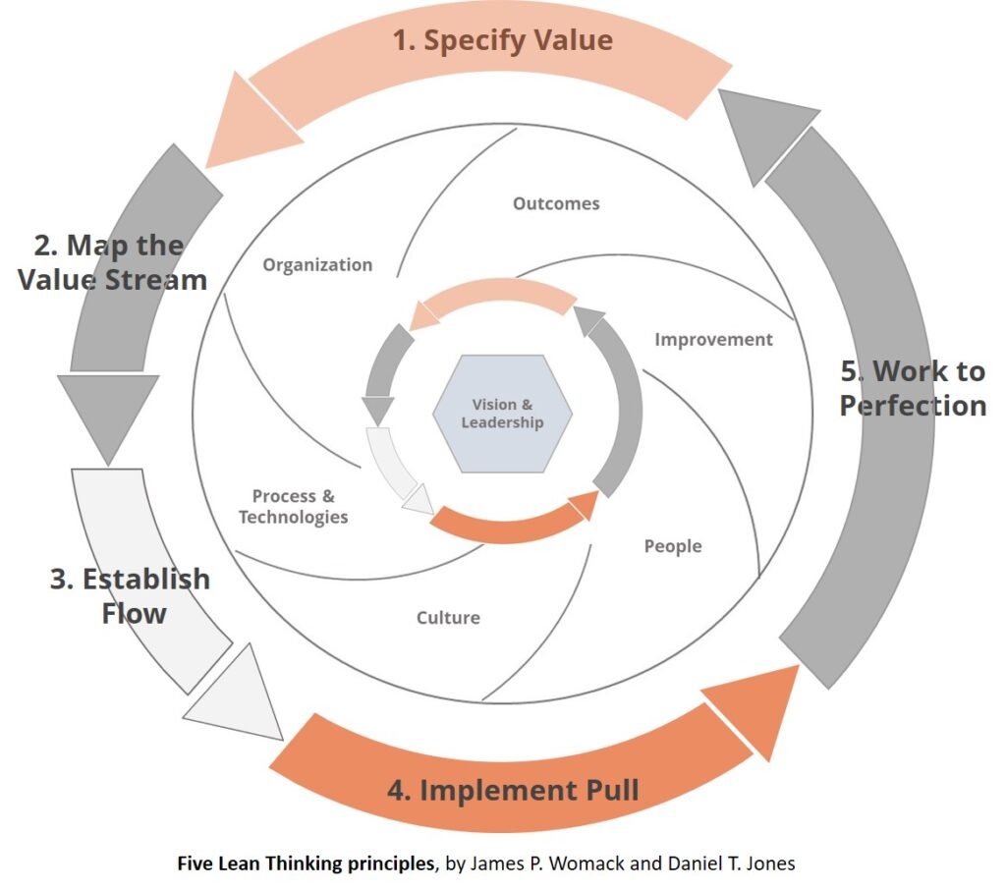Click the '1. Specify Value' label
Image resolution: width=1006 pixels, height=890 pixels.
(x=502, y=40)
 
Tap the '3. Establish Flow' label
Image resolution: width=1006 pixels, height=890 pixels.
(x=130, y=595)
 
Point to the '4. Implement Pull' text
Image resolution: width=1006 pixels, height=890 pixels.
(x=513, y=790)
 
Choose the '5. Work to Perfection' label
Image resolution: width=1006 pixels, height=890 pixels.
(x=913, y=388)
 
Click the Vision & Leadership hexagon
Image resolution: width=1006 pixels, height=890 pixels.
(x=502, y=414)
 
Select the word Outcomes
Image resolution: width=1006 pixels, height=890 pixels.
(x=556, y=204)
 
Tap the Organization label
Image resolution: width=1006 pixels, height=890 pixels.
(x=317, y=265)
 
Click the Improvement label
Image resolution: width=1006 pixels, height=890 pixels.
(x=713, y=340)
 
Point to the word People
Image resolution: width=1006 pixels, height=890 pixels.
(x=673, y=546)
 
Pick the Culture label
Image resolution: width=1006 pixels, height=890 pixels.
(x=448, y=618)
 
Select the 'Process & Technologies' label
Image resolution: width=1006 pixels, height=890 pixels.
(x=293, y=507)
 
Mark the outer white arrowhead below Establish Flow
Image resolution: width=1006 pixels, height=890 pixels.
(x=237, y=696)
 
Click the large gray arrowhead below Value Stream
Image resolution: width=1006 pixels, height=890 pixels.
(x=107, y=413)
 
